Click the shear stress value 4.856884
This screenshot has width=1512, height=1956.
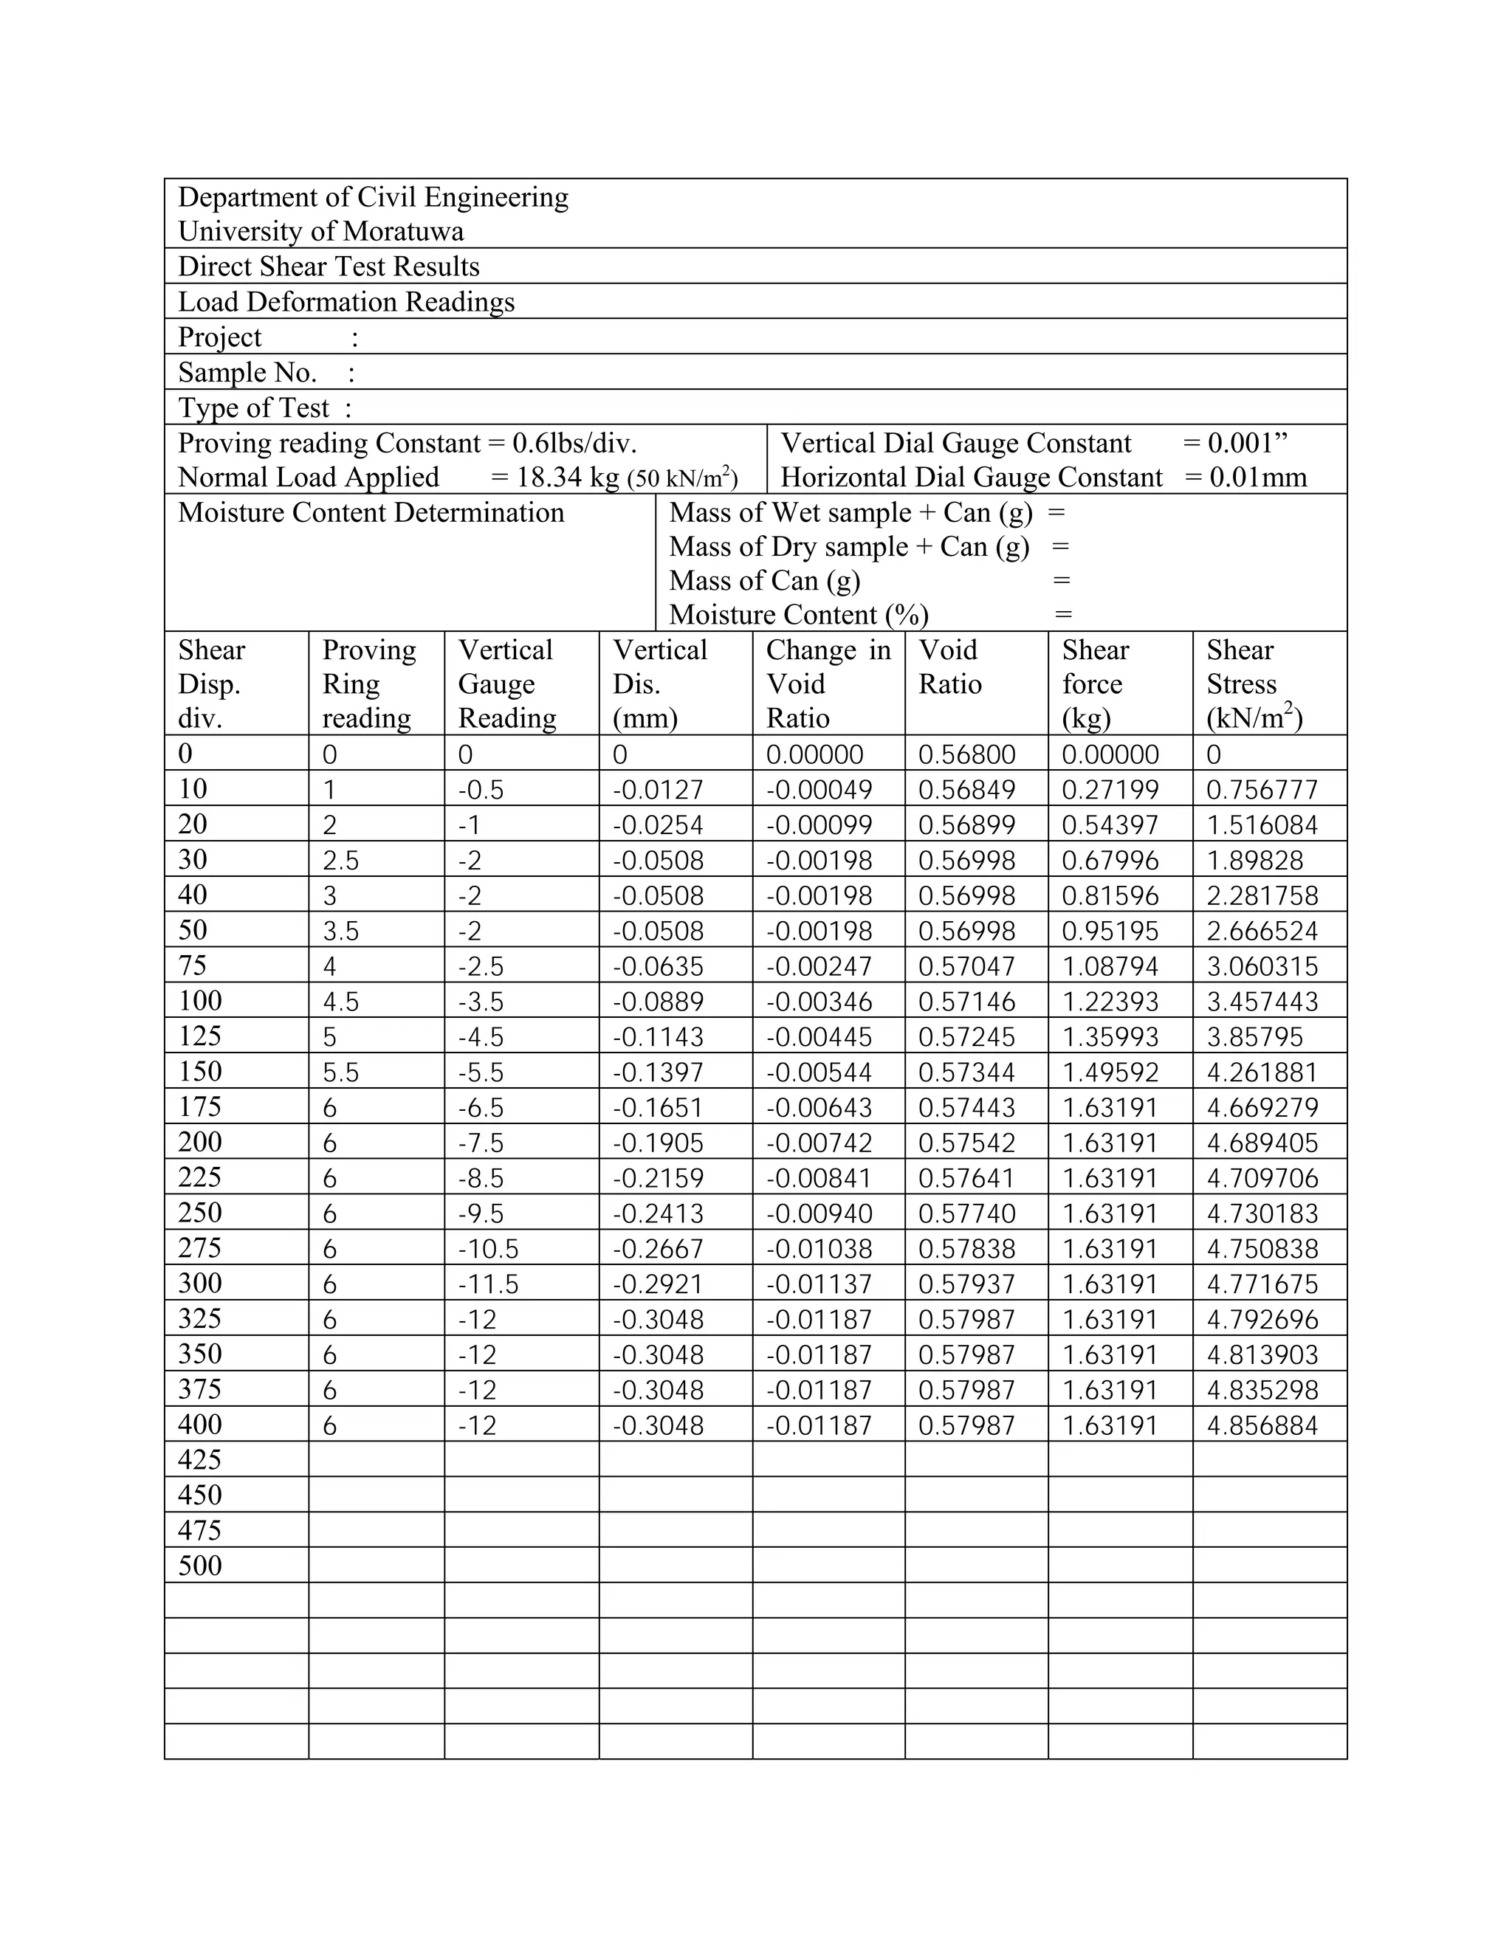(1261, 1425)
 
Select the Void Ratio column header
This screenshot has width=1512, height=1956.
(949, 667)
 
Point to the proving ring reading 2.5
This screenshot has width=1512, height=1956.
(340, 861)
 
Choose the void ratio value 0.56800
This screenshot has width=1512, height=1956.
(966, 754)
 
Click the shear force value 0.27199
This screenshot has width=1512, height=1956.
(1110, 790)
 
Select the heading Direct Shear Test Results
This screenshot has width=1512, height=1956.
(329, 266)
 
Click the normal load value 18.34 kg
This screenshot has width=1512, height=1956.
(568, 478)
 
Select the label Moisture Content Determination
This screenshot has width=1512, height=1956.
(371, 512)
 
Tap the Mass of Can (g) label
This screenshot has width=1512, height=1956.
(764, 580)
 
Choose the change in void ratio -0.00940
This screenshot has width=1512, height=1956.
(819, 1213)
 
